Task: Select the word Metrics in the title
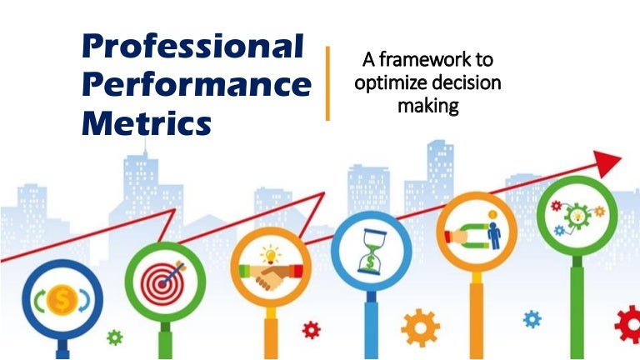(x=147, y=124)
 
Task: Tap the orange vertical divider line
(x=327, y=83)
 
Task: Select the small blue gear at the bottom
(x=531, y=318)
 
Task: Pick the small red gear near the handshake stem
(x=311, y=329)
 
